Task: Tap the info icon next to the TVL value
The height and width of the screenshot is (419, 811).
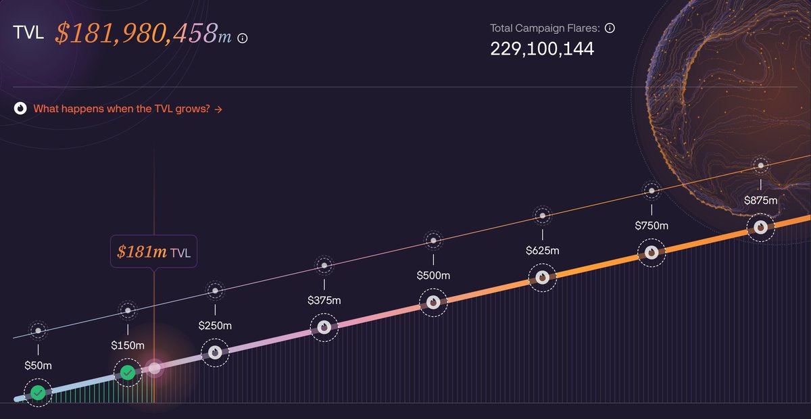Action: click(x=243, y=39)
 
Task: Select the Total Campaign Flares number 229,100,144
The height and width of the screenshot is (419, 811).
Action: click(x=542, y=49)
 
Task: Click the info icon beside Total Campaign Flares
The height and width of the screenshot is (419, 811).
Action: click(x=610, y=28)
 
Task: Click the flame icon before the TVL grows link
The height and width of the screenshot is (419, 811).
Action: click(x=20, y=108)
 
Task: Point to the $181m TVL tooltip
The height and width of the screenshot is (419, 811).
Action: click(x=153, y=253)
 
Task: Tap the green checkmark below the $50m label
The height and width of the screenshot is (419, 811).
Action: click(x=39, y=393)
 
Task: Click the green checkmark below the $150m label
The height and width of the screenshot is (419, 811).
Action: click(x=127, y=372)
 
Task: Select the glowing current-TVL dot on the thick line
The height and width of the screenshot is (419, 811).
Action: click(x=155, y=368)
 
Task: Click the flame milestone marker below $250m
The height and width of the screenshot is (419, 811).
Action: click(x=215, y=352)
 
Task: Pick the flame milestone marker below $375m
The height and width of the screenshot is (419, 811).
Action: click(x=324, y=327)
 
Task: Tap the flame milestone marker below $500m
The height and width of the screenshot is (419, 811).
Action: click(x=433, y=303)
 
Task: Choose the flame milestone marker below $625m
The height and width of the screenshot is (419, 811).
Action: click(x=542, y=277)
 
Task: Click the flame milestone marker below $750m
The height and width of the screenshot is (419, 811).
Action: click(x=652, y=252)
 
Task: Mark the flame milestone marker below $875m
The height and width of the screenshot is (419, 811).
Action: click(x=761, y=227)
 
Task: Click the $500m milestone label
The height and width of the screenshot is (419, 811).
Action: click(x=433, y=275)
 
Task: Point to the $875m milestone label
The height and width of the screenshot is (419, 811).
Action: click(x=761, y=200)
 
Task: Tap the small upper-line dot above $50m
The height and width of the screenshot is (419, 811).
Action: click(x=39, y=330)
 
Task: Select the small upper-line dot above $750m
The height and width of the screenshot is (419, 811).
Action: click(x=652, y=191)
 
